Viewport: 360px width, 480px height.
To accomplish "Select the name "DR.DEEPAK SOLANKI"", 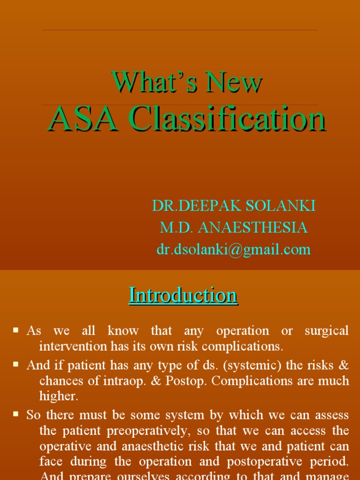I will (x=233, y=206).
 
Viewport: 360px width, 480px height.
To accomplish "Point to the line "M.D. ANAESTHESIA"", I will (x=233, y=228).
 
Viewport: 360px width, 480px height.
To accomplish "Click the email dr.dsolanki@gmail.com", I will (x=233, y=249).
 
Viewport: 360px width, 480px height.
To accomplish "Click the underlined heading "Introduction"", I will (x=183, y=295).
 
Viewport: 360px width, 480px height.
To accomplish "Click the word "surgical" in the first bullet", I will (x=327, y=331).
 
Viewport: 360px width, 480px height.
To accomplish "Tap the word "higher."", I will (x=59, y=397).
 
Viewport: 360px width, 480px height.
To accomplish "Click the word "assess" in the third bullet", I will (x=332, y=415).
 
